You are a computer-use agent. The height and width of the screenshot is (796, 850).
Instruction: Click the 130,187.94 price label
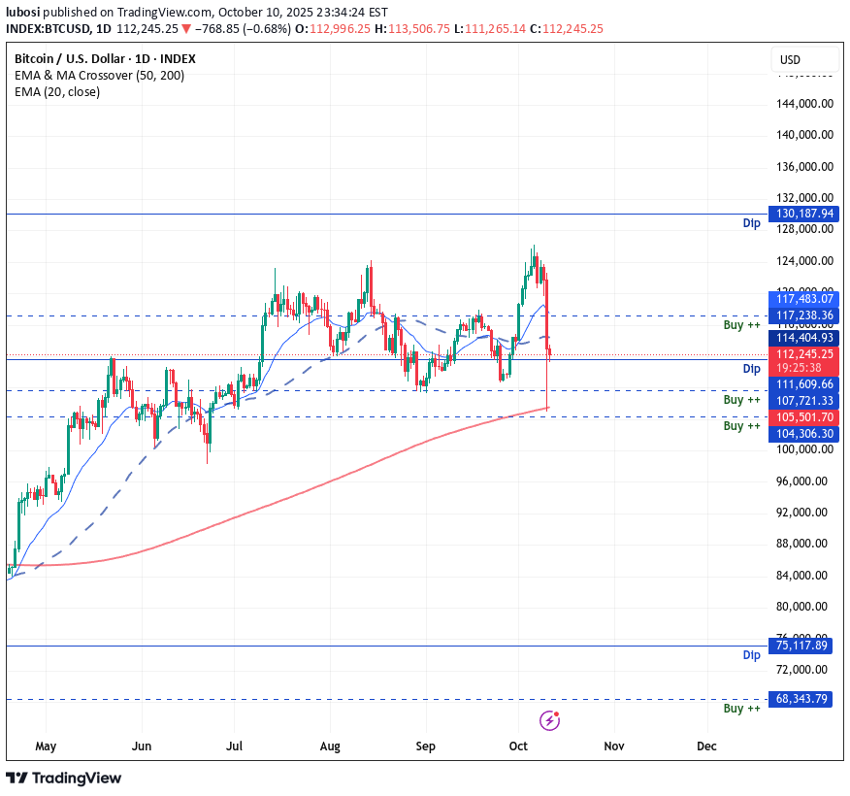click(801, 214)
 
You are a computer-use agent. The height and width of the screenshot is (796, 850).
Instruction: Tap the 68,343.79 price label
click(801, 699)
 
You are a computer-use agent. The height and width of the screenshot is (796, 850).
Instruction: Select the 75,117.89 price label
click(801, 646)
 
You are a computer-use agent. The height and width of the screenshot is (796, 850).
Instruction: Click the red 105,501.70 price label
click(801, 417)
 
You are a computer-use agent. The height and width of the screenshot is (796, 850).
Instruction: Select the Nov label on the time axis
click(613, 746)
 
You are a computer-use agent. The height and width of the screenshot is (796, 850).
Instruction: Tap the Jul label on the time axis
click(234, 746)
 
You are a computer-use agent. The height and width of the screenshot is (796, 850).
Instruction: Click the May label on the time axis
click(46, 746)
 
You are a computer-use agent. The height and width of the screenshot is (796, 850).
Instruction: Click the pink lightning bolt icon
click(550, 720)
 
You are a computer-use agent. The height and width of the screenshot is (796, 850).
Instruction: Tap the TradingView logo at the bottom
click(64, 778)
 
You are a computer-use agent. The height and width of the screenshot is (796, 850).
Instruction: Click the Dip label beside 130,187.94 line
click(751, 224)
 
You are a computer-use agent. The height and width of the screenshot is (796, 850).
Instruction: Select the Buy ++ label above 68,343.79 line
click(742, 709)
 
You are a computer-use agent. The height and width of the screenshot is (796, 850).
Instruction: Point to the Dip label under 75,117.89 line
click(751, 655)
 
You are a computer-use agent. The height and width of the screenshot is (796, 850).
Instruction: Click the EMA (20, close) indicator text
click(57, 92)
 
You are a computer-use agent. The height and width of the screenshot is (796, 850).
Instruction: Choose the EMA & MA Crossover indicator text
click(99, 76)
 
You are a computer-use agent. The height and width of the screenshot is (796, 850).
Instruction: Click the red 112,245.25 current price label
click(801, 354)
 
